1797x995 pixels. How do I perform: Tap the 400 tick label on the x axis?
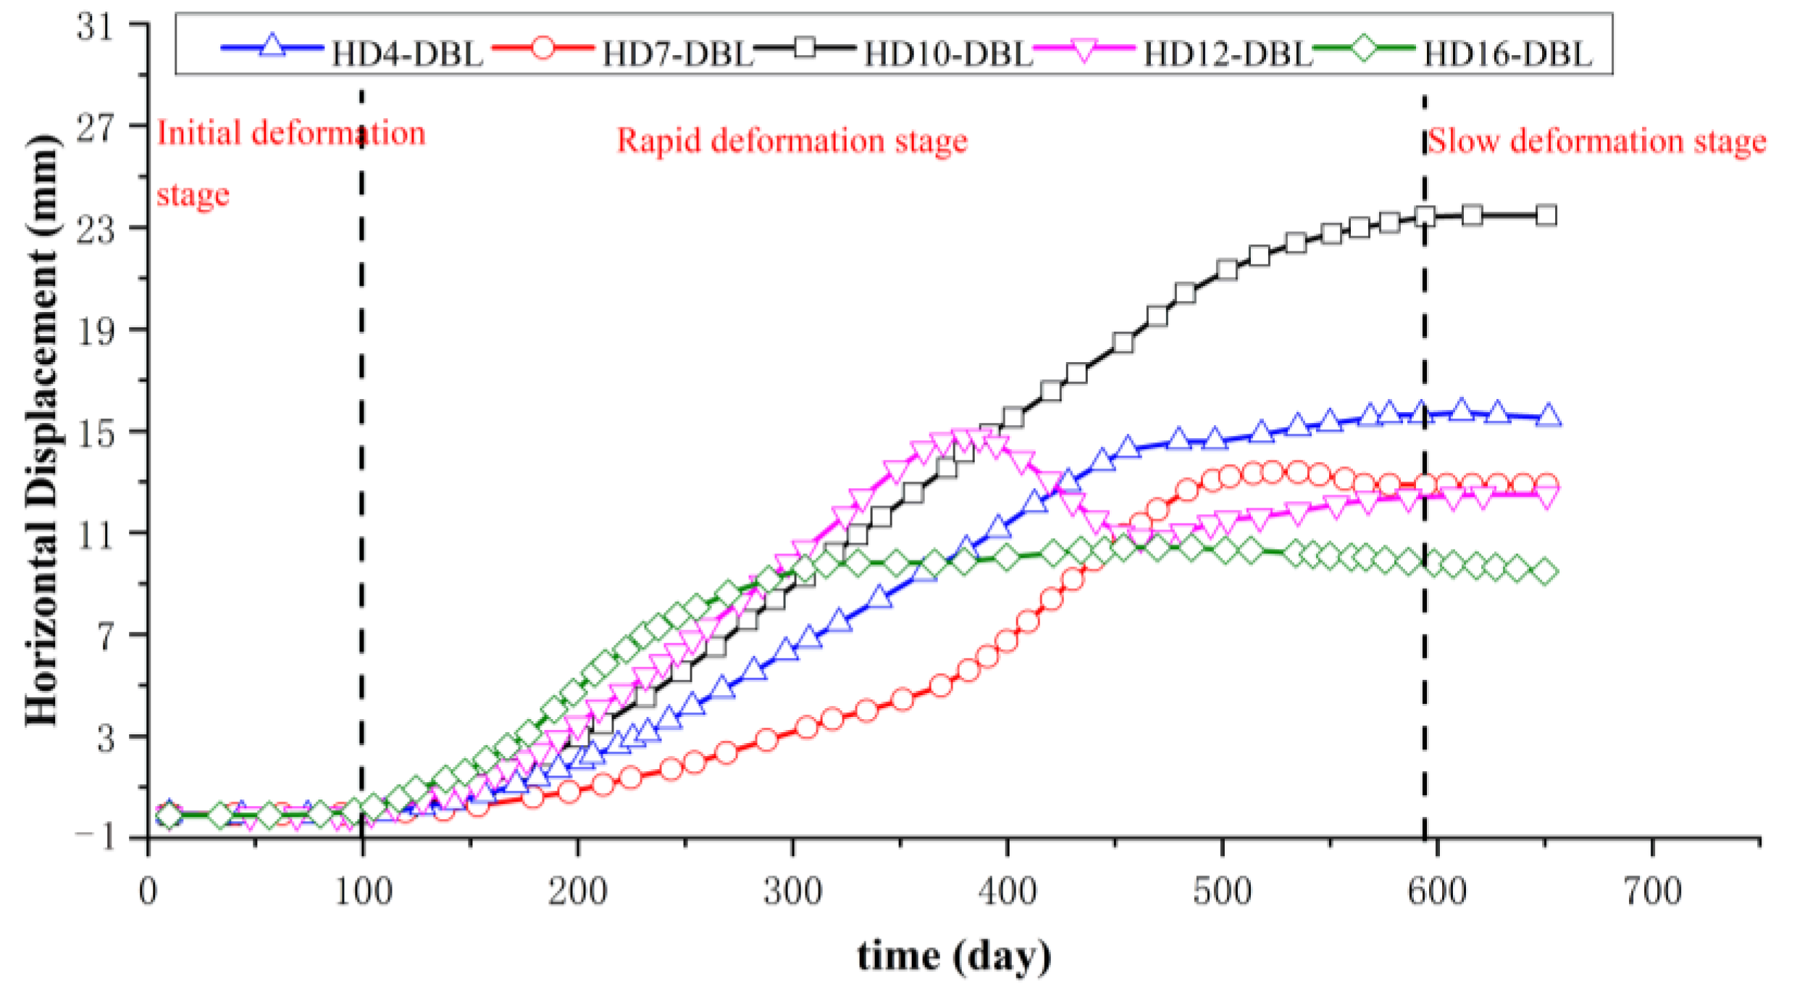(1008, 891)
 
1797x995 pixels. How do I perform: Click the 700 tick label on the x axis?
(1652, 891)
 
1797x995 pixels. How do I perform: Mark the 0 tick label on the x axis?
(148, 891)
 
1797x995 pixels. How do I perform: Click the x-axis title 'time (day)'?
(954, 956)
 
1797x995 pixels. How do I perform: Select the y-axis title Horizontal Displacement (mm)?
(42, 431)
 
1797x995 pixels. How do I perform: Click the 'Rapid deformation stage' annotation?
(792, 140)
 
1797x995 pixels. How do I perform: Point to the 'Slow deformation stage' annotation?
(1596, 140)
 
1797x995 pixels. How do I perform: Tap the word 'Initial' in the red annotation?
(198, 133)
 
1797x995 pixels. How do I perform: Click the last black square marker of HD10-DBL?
(1546, 215)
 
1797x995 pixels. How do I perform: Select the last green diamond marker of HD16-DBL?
(1544, 571)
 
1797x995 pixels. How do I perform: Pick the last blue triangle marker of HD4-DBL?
(1548, 416)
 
